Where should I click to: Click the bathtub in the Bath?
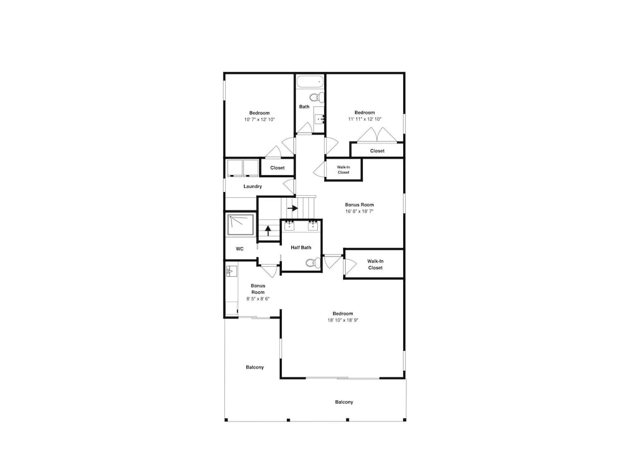(310, 82)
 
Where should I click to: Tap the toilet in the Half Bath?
(312, 263)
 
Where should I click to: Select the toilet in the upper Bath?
(317, 97)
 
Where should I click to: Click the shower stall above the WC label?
(240, 224)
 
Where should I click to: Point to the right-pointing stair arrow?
(293, 209)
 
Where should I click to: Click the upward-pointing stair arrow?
(268, 231)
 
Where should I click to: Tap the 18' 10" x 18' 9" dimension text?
(343, 320)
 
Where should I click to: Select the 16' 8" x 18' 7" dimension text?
(359, 211)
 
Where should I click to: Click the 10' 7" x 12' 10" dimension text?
(260, 119)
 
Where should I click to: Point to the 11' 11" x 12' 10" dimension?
(365, 119)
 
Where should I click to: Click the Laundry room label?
(253, 186)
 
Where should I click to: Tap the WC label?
(240, 249)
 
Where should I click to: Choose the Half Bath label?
(301, 248)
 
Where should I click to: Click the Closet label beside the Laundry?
(277, 168)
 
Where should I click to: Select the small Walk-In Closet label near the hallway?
(343, 169)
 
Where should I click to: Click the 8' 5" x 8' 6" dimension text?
(258, 299)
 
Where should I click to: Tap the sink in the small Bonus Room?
(231, 271)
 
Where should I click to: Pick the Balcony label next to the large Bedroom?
(255, 368)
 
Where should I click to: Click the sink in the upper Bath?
(320, 119)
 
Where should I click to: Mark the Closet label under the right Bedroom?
(377, 151)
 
